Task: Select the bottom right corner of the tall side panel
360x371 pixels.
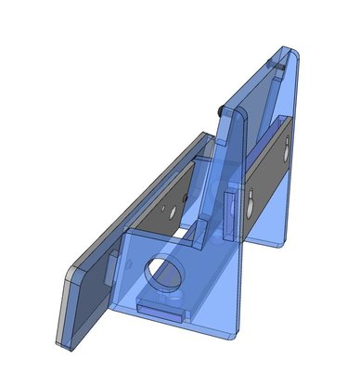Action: point(281,249)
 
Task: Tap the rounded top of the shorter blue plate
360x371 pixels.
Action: point(232,113)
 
